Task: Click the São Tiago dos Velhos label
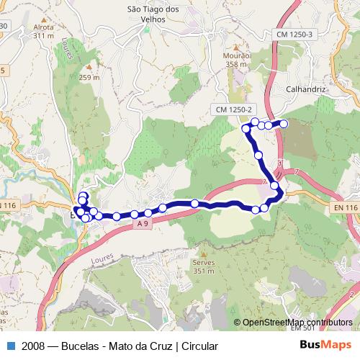153,13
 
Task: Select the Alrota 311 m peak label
43,30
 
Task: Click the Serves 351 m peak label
204,266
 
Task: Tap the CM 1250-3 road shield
294,35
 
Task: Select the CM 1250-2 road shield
233,109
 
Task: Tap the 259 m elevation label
89,78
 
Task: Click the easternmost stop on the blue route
284,124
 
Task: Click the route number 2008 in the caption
33,346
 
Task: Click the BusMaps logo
325,345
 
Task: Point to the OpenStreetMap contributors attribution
297,323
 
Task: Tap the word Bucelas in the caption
80,346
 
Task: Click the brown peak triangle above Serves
204,253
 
